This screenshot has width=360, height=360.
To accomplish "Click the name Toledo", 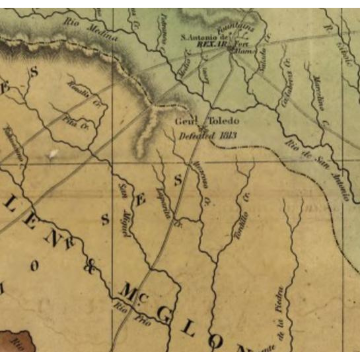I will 223,121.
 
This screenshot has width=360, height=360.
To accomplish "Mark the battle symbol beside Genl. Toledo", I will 201,128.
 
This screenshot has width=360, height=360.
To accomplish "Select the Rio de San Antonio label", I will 317,170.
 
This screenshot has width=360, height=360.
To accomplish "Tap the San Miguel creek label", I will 124,210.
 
